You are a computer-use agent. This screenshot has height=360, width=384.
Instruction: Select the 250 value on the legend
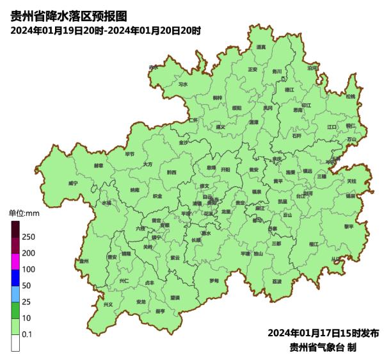pos(28,237)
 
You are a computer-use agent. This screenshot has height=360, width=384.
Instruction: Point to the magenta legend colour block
pos(15,261)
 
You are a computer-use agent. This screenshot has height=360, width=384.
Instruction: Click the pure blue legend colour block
pos(15,277)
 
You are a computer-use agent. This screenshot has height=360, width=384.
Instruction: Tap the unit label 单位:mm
pos(24,213)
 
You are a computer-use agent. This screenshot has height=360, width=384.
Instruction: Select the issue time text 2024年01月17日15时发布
pos(323,333)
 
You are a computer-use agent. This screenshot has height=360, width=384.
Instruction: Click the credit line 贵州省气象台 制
pos(323,347)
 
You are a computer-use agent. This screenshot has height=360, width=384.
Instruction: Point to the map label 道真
pos(261,47)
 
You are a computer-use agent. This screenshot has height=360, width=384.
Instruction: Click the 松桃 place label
pos(350,96)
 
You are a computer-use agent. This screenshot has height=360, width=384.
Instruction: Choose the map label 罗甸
pos(214,281)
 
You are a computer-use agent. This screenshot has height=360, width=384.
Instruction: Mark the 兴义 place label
pos(108,304)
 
